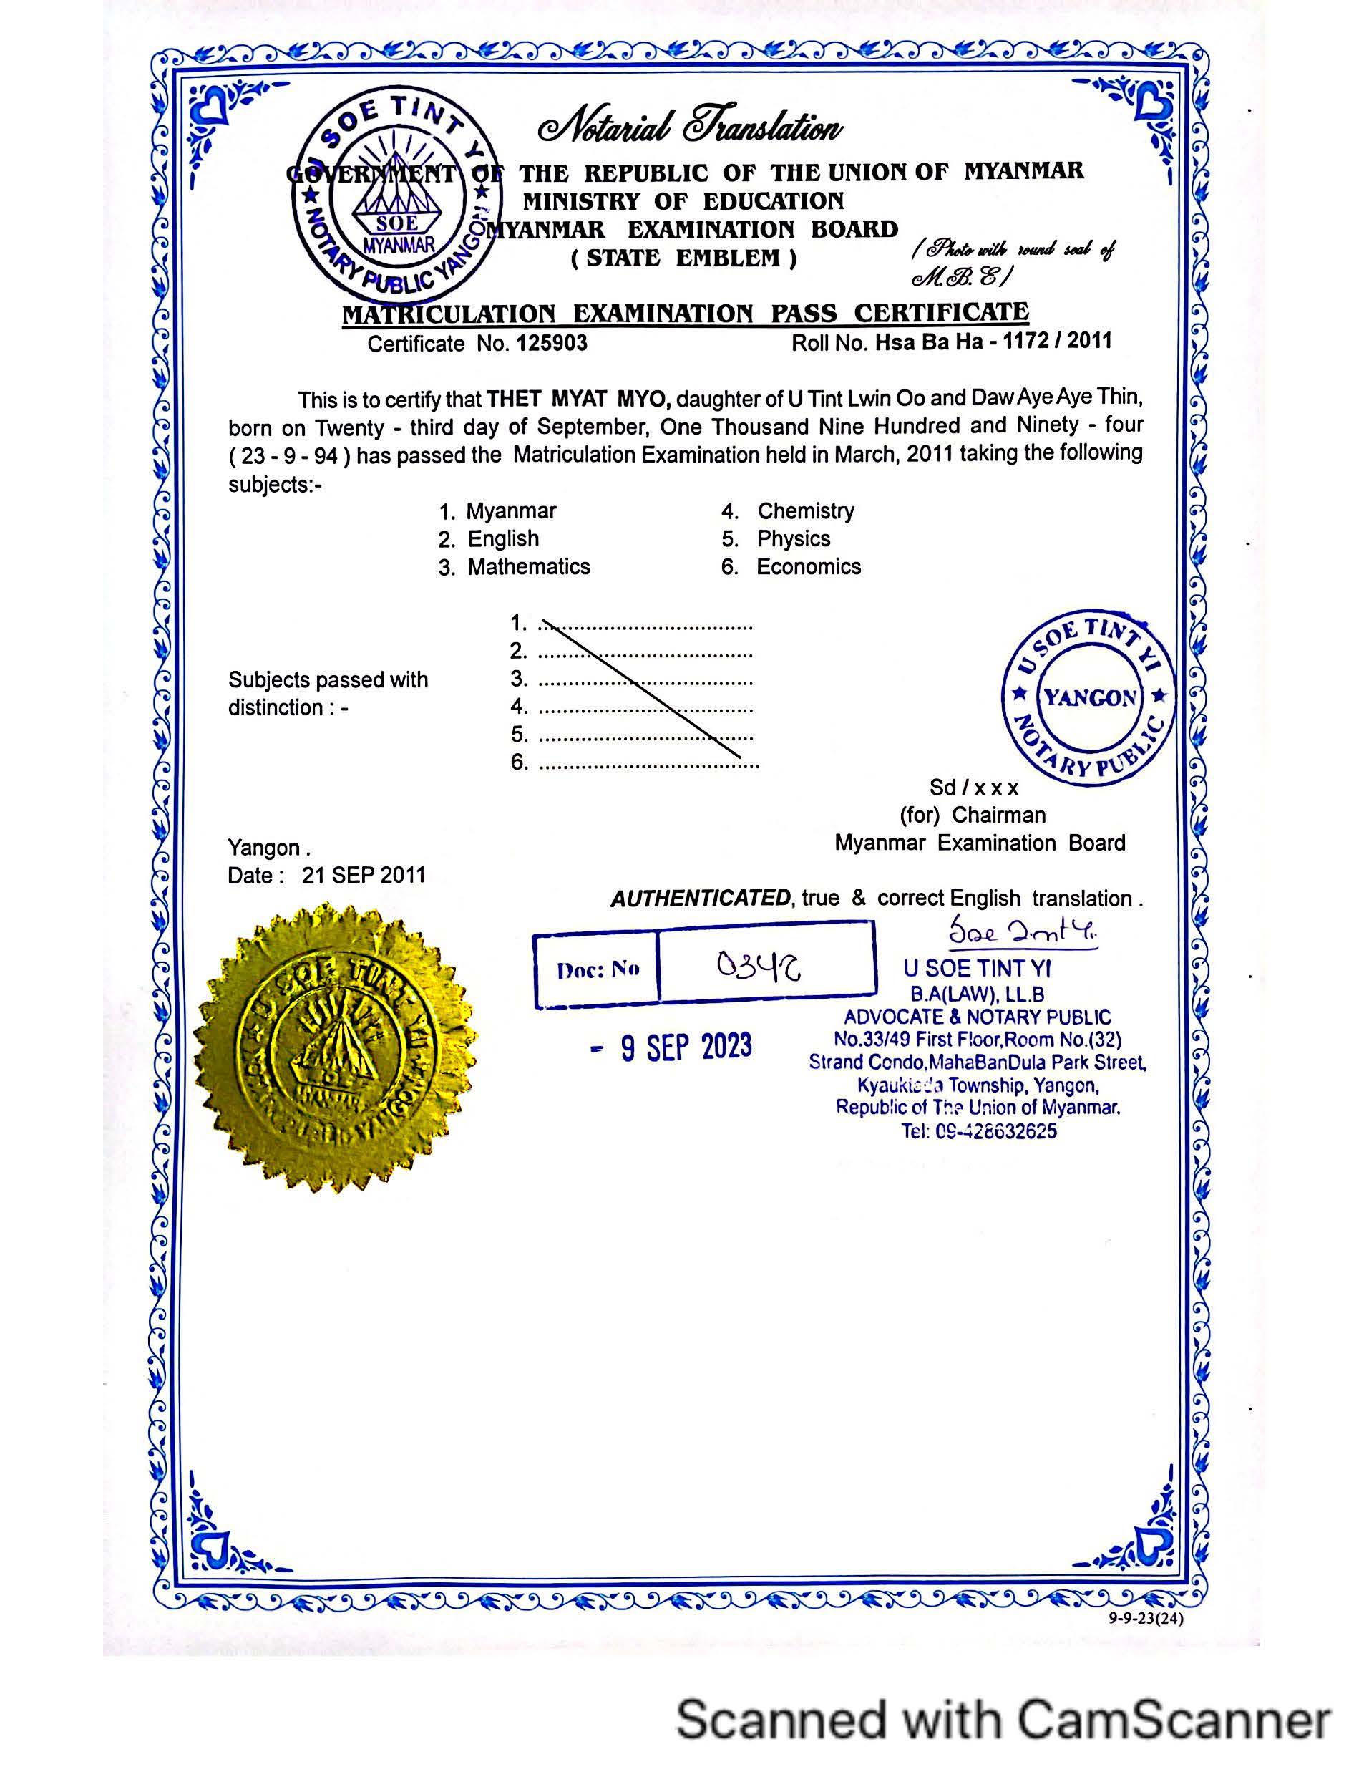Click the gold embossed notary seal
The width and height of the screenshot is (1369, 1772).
[x=335, y=1046]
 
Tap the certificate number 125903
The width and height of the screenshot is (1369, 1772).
[x=552, y=343]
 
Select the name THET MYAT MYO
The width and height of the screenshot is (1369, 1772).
[x=578, y=400]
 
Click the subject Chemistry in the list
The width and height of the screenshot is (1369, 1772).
[x=805, y=511]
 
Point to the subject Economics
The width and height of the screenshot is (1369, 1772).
[x=809, y=567]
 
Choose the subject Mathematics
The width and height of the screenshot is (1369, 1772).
[x=529, y=567]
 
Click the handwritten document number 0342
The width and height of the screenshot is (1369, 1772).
[x=759, y=966]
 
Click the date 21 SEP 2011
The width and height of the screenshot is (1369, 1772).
[x=364, y=876]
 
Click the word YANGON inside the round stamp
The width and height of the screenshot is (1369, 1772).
[x=1090, y=698]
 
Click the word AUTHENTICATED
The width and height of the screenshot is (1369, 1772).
[x=700, y=899]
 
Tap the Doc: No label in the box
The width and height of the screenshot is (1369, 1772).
[x=598, y=969]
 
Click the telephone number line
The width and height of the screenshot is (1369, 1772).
[x=979, y=1131]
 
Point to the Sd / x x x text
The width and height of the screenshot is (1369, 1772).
[x=974, y=788]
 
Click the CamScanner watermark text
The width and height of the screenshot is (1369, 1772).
[x=1003, y=1719]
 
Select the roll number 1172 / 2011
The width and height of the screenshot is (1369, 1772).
[x=1057, y=341]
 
